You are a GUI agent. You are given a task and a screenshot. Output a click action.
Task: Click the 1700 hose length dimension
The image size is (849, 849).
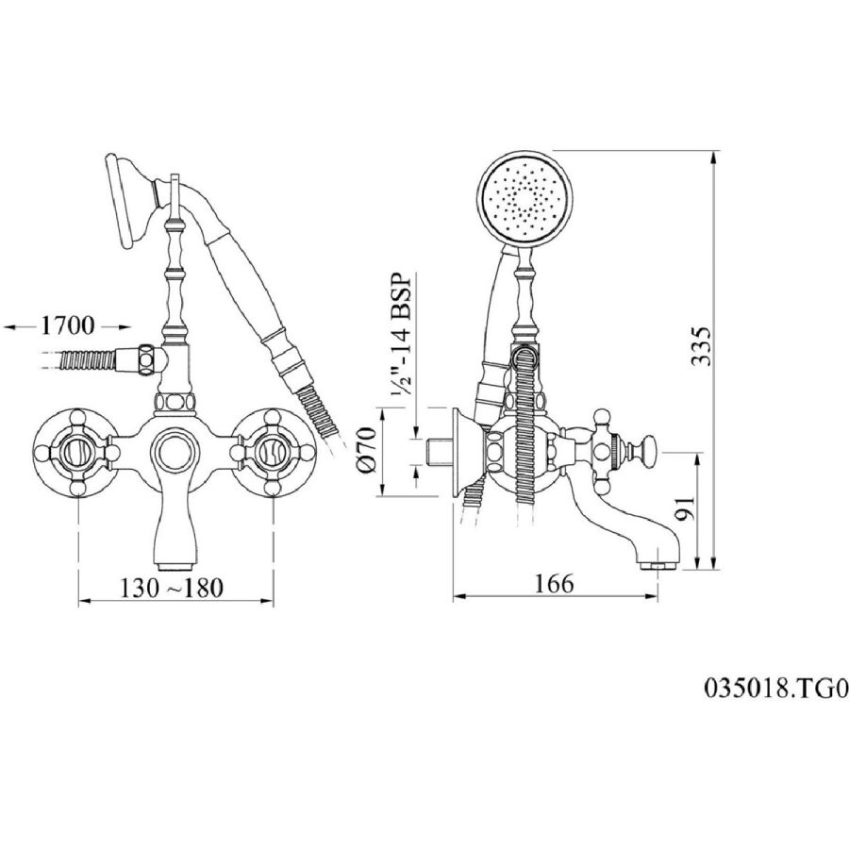pos(68,326)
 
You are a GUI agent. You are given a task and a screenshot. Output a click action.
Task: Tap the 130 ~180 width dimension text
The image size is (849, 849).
pos(171,588)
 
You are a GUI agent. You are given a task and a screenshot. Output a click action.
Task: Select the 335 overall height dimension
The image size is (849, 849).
pos(701,347)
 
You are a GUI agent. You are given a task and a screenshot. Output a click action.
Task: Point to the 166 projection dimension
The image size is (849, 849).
pos(554,584)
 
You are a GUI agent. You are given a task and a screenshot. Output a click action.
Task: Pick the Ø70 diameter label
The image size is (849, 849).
pos(367,450)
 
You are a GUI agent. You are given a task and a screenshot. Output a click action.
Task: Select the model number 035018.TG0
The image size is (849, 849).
pos(776,689)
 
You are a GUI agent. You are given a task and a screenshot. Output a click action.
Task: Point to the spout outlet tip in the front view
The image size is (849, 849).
pos(174,567)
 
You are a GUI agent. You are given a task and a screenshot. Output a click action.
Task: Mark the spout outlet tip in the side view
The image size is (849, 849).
pos(657,566)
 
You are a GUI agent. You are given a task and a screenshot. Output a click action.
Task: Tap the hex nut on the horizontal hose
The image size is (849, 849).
pos(146,359)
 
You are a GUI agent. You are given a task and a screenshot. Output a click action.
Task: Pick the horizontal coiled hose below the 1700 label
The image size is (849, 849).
pos(87,360)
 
